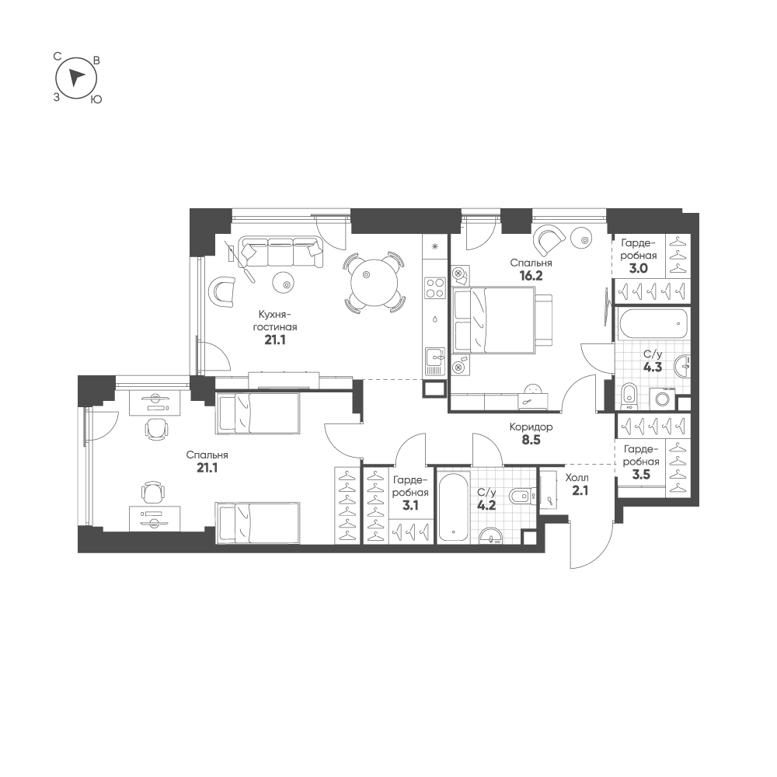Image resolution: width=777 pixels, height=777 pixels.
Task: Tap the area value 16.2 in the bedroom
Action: tap(531, 276)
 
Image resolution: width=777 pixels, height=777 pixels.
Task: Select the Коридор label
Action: tap(531, 427)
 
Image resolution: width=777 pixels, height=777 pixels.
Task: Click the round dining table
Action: tap(375, 283)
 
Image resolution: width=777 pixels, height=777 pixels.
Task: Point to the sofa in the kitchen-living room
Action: tap(280, 253)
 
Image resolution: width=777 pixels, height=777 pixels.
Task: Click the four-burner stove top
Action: tap(436, 287)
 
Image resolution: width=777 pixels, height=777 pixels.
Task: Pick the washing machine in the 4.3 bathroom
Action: tap(663, 397)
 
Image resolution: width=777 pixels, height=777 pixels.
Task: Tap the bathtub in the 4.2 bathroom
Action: tap(453, 506)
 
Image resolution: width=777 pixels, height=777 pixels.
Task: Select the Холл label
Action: tap(577, 478)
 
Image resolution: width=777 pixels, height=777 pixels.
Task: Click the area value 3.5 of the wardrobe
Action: tap(641, 475)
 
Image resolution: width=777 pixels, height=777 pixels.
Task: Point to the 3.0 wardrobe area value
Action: tap(638, 269)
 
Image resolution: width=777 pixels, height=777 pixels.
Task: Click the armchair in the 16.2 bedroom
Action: tap(549, 239)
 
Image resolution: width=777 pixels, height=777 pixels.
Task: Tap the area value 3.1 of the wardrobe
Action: tap(410, 506)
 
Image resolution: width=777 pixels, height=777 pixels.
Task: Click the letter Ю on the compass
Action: tap(96, 99)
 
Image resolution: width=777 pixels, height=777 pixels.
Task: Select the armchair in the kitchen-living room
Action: tap(221, 289)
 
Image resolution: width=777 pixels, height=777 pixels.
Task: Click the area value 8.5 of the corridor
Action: tap(531, 440)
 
